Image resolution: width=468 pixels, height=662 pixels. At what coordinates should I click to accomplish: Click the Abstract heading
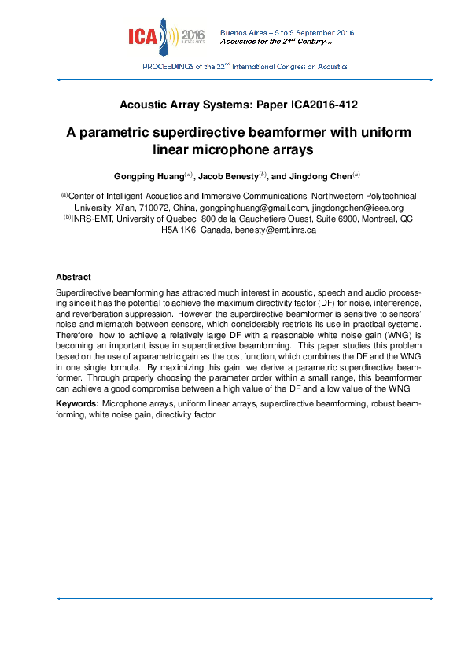click(73, 278)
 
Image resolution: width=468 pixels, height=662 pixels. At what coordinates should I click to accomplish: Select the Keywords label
click(77, 403)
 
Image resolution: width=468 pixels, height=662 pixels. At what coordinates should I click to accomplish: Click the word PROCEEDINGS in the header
click(168, 68)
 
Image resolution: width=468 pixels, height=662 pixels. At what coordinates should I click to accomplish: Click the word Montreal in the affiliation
click(369, 219)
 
